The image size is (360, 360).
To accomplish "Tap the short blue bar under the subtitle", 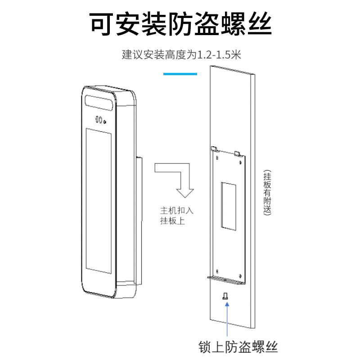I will coord(180,73).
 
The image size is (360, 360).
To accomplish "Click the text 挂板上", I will coord(172,221).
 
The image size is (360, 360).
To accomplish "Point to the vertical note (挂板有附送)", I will coord(267,193).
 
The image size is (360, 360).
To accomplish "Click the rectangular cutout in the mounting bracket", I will coord(228,205).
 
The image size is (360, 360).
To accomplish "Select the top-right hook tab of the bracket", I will coord(239,153).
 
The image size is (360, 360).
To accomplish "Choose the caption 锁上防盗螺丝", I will coord(238,346).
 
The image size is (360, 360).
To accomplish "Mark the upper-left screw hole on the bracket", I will coord(217,158).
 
